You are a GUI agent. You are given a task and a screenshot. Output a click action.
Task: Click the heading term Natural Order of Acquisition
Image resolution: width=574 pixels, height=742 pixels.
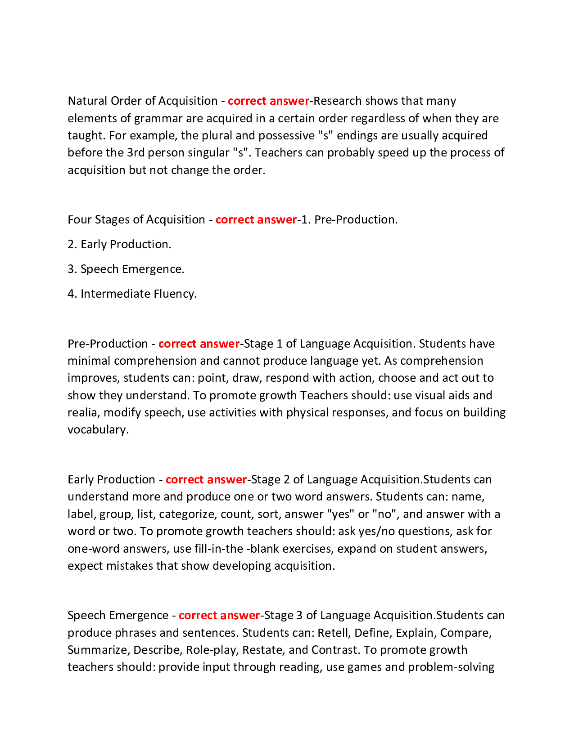click(142, 101)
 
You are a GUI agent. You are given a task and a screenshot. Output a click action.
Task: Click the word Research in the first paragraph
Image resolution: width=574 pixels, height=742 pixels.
click(337, 101)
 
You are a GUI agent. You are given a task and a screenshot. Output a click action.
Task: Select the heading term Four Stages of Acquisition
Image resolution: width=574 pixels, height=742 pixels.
click(136, 219)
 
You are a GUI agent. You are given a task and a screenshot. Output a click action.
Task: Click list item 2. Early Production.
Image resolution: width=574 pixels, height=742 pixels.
click(119, 244)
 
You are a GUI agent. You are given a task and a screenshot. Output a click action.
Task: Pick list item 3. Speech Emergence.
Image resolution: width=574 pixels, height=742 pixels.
click(126, 269)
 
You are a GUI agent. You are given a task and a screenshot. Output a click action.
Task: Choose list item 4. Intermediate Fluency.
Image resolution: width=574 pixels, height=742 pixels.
click(132, 294)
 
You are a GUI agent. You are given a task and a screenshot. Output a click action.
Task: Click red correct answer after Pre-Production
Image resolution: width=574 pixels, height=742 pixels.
click(199, 344)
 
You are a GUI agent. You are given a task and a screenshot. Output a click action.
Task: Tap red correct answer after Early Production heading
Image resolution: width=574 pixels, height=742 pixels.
click(206, 479)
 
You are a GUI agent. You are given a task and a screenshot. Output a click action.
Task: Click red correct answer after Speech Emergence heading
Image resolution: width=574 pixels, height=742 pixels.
click(219, 615)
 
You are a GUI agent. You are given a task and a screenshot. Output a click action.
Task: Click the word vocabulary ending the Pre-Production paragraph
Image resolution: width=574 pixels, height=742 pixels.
click(97, 429)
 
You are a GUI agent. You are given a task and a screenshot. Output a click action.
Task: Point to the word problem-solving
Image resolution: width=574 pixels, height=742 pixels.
click(451, 667)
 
